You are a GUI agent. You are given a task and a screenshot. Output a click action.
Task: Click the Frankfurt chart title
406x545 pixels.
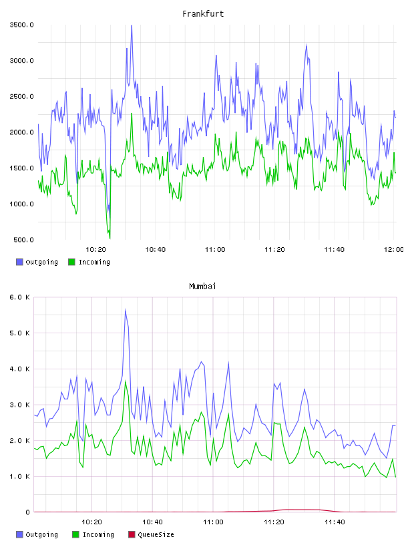tap(203, 14)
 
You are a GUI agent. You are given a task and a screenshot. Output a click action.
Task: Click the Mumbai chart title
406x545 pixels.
tap(202, 287)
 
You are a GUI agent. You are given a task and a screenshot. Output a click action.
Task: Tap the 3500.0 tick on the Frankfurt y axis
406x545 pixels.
tap(21, 25)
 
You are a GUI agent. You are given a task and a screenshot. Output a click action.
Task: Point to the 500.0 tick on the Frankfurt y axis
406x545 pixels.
tap(23, 240)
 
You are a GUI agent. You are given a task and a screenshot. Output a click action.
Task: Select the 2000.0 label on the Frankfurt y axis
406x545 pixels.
tap(21, 132)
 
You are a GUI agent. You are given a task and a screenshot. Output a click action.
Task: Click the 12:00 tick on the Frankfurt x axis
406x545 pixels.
tap(393, 250)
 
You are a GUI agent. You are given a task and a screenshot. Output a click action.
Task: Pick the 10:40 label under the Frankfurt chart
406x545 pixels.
tap(156, 250)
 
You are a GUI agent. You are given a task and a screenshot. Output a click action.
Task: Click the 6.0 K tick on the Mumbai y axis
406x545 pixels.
tap(20, 297)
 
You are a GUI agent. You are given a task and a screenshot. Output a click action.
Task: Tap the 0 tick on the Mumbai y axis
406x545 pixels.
tap(27, 512)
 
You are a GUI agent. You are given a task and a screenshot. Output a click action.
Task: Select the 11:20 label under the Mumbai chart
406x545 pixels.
tap(274, 522)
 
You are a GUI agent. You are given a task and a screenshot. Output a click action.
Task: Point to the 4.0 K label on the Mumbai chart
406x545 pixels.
tap(20, 369)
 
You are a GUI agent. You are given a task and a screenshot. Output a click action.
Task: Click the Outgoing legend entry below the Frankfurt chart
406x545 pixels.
tap(37, 262)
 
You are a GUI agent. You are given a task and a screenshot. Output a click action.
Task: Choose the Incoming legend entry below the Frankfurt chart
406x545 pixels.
tap(89, 262)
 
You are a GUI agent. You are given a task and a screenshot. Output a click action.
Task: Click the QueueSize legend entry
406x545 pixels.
tap(151, 534)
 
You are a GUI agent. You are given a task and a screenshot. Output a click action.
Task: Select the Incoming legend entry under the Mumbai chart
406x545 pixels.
tap(93, 534)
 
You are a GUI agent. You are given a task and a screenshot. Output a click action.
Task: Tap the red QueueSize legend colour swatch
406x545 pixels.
tap(132, 534)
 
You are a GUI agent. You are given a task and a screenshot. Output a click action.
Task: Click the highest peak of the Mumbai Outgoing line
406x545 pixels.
tap(125, 309)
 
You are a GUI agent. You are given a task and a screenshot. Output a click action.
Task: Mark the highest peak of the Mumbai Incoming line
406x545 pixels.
tap(126, 381)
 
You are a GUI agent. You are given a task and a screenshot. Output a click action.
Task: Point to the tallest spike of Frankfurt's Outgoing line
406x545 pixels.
tap(132, 25)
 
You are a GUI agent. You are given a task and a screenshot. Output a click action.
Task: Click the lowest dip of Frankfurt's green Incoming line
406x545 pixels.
tap(110, 238)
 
